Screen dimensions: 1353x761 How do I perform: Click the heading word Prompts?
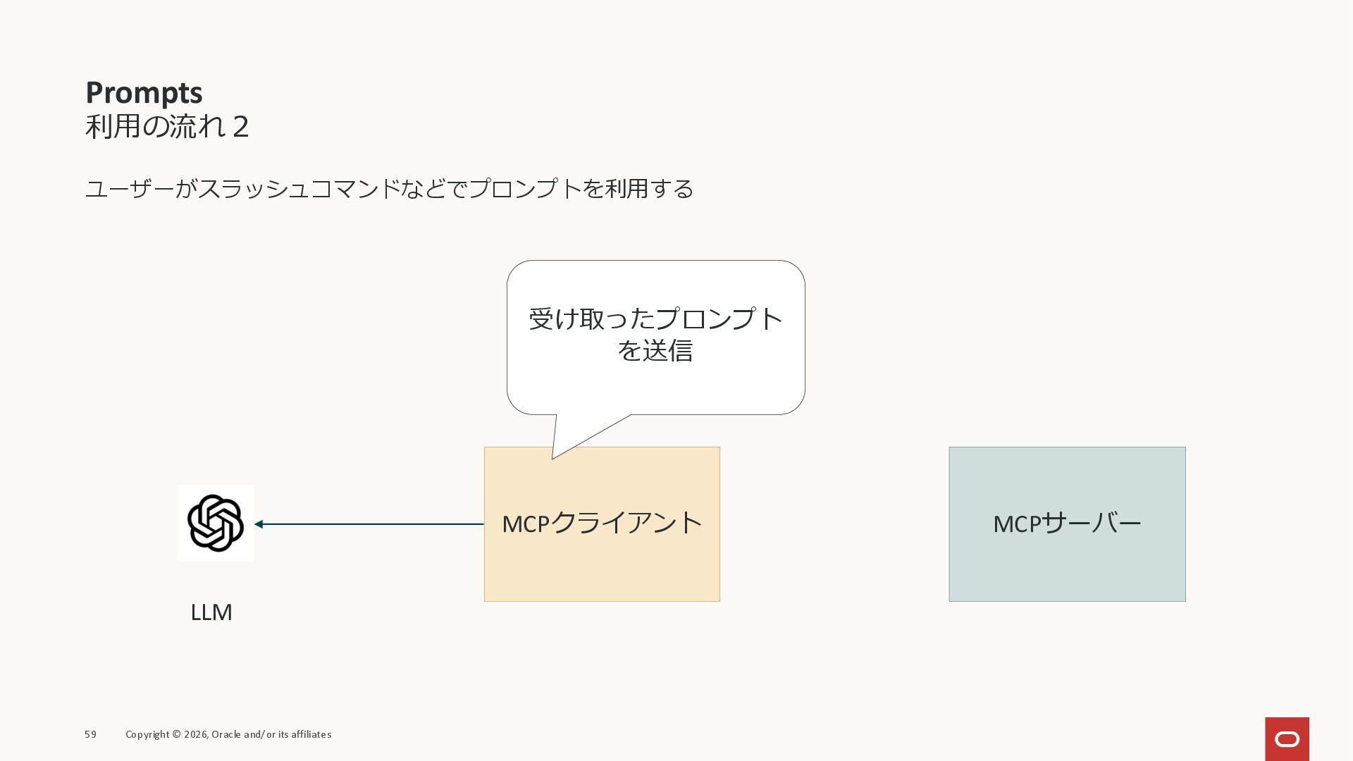coord(144,93)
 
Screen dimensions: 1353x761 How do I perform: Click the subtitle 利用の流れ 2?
coord(166,127)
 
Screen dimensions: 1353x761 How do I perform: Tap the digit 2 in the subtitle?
coord(240,128)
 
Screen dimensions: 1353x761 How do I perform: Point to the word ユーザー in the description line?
coord(129,189)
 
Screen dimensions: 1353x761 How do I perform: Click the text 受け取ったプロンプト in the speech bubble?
coord(655,319)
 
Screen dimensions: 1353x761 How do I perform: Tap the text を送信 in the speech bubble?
coord(655,350)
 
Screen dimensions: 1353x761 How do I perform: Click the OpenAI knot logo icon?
coord(216,523)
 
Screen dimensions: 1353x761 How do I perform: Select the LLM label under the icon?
coord(211,612)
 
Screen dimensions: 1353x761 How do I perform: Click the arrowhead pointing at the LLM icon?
coord(259,524)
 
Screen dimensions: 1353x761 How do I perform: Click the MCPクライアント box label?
coord(602,524)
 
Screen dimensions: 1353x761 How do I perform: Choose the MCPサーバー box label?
coord(1067,524)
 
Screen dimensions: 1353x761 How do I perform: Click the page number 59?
coord(90,734)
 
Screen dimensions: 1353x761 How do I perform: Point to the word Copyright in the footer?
coord(147,734)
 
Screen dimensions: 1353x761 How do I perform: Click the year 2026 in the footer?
coord(195,734)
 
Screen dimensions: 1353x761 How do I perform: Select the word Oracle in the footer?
coord(225,734)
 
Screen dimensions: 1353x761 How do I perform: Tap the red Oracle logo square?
coord(1287,738)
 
